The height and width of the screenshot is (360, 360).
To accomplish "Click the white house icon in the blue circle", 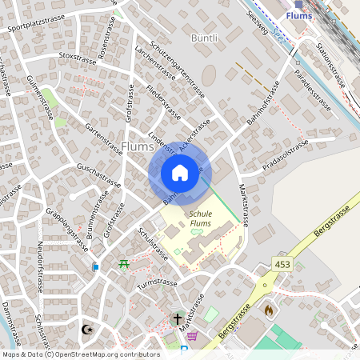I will point(180,173).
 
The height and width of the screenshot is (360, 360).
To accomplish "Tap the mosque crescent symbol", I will point(87,329).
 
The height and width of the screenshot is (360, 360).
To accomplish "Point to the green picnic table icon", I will point(123,264).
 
